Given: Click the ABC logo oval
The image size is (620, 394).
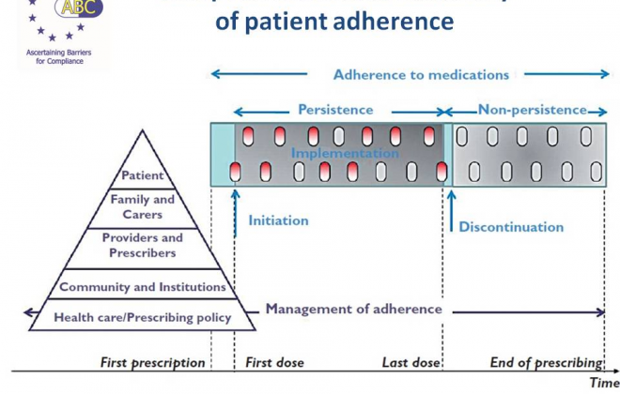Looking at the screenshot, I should tap(79, 9).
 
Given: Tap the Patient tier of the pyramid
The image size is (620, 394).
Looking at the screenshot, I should tap(143, 175).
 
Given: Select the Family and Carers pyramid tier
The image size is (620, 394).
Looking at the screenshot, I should tap(143, 206).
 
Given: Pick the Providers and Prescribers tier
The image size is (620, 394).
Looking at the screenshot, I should tap(143, 246).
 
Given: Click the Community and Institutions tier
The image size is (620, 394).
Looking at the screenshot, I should tap(143, 287).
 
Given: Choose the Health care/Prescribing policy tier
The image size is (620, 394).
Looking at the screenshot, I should tap(143, 317).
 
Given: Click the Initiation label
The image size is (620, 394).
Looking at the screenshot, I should tap(278, 220).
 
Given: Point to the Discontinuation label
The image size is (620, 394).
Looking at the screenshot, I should tap(511, 227).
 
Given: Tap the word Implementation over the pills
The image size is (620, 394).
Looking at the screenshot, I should tap(345, 153).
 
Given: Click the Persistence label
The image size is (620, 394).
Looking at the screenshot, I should tap(335, 110).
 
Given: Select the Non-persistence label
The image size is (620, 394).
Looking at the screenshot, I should tap(532, 110).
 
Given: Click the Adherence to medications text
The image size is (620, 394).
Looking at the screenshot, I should tap(421, 74).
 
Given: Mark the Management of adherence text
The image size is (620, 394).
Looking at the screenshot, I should tap(353, 309).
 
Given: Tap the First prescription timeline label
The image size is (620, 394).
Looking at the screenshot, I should tap(152, 362).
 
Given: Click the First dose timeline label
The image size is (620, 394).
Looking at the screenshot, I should tap(272, 362).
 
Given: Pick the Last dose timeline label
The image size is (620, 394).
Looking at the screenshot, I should tap(411, 362).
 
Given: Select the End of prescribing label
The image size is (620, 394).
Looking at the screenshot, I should tap(546, 362).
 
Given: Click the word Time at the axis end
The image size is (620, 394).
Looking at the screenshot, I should tap(604, 383).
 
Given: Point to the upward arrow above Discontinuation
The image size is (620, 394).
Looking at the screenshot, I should tap(452, 207).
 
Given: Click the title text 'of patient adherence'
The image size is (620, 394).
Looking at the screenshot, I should tap(335, 21).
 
